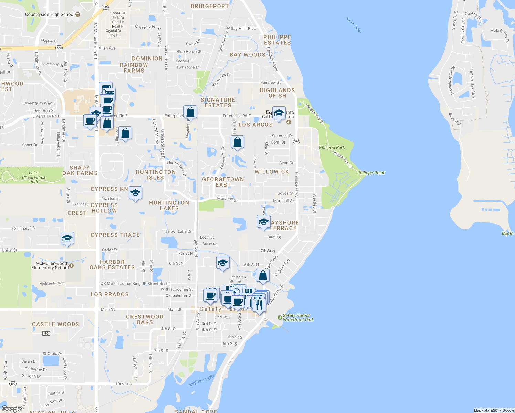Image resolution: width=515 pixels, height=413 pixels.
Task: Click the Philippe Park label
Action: (x=332, y=147)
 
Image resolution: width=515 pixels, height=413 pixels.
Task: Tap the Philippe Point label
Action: (x=371, y=173)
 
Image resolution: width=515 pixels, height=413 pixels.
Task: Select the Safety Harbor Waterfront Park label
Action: (x=298, y=318)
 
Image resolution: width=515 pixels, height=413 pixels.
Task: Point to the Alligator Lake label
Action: (x=201, y=381)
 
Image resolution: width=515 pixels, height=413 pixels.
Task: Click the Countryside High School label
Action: (x=50, y=14)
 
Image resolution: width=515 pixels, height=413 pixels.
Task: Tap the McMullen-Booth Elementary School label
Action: (x=50, y=266)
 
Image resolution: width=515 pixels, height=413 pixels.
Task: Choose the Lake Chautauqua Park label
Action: (x=34, y=177)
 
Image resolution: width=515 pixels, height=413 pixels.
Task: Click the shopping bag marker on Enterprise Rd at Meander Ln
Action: (x=190, y=112)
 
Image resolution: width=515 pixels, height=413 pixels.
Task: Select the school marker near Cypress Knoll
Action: (x=136, y=193)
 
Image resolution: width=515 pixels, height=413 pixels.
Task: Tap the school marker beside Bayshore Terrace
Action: (x=264, y=222)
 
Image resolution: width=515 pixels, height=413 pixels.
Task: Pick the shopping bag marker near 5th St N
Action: (x=263, y=276)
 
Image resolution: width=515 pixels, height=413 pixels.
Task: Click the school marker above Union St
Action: (x=67, y=239)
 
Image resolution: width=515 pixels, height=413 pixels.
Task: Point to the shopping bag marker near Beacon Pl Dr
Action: (x=237, y=142)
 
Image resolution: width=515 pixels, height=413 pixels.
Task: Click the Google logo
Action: (x=12, y=409)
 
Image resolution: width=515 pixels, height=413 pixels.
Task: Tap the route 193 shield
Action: (x=46, y=333)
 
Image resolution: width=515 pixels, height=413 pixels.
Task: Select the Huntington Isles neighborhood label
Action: (x=156, y=175)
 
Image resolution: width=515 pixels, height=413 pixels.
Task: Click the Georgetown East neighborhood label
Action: (x=223, y=182)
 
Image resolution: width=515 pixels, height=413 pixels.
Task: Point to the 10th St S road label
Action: (x=124, y=384)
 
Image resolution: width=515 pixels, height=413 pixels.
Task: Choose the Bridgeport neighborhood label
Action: (x=210, y=6)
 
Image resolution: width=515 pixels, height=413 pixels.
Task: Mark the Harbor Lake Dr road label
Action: (x=178, y=231)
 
